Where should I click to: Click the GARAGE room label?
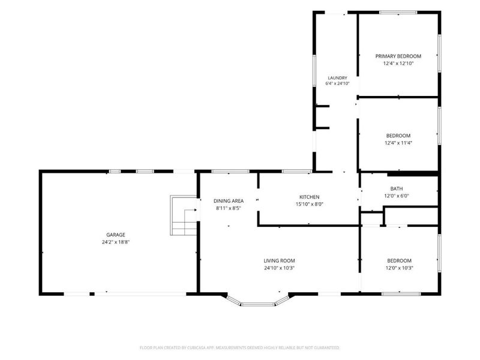click(116, 235)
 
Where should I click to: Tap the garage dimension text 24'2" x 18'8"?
click(116, 242)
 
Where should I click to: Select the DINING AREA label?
click(229, 201)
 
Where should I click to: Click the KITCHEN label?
click(309, 197)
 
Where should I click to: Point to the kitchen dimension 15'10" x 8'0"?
click(309, 204)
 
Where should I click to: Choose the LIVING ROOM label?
click(279, 260)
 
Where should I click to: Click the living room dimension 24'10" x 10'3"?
click(279, 268)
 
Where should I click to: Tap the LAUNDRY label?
click(337, 78)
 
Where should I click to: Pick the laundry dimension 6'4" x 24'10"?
click(337, 83)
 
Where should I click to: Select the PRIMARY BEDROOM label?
click(398, 56)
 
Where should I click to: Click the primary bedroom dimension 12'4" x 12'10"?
click(398, 64)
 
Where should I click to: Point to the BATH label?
click(397, 188)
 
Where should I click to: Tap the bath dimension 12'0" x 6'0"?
click(397, 196)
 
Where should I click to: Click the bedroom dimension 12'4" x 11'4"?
click(398, 143)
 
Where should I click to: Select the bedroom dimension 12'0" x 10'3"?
click(399, 268)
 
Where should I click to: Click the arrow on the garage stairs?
click(190, 210)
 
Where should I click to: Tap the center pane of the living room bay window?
click(257, 304)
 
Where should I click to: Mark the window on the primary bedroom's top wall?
click(398, 13)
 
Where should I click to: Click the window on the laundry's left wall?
click(314, 70)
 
